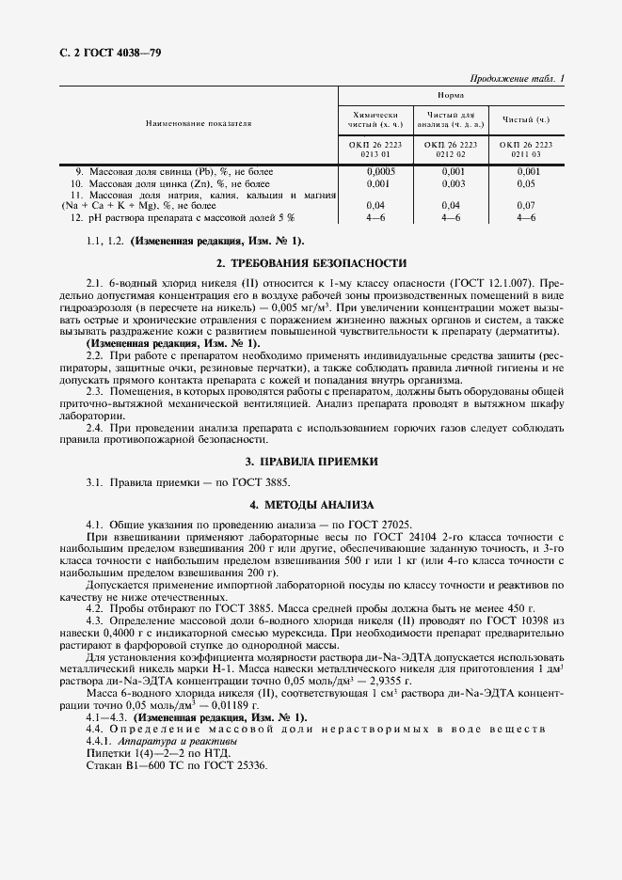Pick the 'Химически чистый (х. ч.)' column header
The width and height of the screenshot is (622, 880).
pyautogui.click(x=374, y=118)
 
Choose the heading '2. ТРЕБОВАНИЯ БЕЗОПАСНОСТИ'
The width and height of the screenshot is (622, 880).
pyautogui.click(x=311, y=263)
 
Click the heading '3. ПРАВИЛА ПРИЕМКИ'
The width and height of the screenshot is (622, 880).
pyautogui.click(x=311, y=463)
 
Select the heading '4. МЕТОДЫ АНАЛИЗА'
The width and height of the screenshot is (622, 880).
pyautogui.click(x=311, y=505)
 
